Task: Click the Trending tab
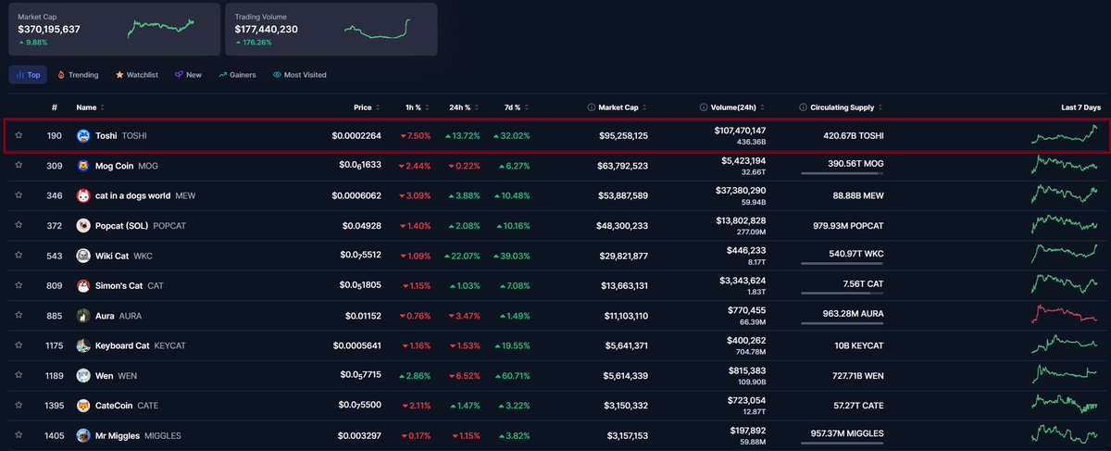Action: (78, 74)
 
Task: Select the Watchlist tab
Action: (137, 74)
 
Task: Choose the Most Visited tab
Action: (300, 74)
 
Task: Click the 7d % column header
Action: (511, 107)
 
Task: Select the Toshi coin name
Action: (106, 136)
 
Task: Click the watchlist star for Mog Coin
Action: (19, 166)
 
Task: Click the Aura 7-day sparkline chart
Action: (1065, 315)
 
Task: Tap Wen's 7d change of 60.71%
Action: (512, 375)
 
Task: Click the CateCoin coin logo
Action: (82, 406)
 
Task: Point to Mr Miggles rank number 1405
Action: (55, 435)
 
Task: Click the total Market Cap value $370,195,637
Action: (49, 30)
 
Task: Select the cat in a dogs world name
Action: (132, 195)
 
